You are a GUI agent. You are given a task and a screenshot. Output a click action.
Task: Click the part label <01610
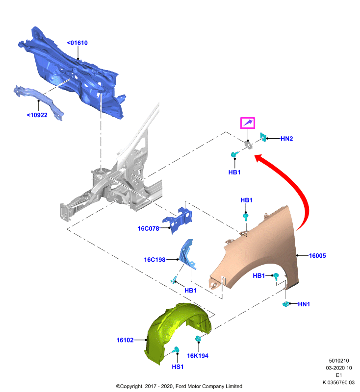tap(77, 43)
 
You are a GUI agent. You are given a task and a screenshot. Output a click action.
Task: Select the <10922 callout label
tap(37, 115)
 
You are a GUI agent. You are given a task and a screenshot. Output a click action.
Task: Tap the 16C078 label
tap(148, 228)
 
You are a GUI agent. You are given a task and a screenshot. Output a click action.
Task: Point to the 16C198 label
tap(154, 260)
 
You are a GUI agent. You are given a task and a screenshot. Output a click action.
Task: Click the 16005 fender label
tap(317, 255)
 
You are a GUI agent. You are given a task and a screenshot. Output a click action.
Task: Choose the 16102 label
tap(125, 340)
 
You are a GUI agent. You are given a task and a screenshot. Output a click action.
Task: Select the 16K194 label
tap(198, 356)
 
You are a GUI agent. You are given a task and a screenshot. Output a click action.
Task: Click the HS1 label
tap(178, 367)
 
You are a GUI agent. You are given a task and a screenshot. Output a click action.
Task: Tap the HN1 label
tap(304, 304)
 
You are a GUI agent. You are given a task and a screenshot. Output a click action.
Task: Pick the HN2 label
tap(287, 139)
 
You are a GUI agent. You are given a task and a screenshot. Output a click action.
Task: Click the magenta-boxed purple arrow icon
tap(248, 123)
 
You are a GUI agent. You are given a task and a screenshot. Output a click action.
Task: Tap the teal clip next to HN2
tap(263, 137)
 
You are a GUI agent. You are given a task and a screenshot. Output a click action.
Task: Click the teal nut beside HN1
tap(285, 304)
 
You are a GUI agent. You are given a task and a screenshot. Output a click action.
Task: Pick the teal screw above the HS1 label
tap(176, 349)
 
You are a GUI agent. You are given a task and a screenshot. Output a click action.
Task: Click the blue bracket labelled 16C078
tap(178, 220)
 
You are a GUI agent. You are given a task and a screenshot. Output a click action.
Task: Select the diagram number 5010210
tap(339, 361)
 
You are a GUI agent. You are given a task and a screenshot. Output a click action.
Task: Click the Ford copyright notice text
tap(179, 386)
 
